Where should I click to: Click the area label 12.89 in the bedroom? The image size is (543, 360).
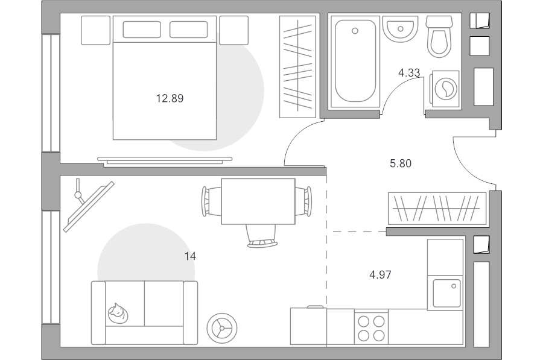170,99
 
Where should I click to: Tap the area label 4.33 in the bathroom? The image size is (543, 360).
409,73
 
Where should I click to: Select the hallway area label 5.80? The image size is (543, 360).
401,163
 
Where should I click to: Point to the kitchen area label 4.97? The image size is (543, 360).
380,275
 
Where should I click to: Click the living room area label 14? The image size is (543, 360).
190,256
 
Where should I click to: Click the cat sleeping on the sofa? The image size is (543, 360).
118,314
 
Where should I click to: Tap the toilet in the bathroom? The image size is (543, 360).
439,36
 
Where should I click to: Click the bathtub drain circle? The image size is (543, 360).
355,31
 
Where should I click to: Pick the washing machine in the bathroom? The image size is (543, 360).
445,89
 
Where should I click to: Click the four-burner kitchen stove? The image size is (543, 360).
371,327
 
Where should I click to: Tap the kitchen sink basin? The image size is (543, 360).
446,293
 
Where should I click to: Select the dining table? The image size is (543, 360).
258,201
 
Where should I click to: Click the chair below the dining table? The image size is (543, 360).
262,236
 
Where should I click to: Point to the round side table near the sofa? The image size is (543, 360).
222,328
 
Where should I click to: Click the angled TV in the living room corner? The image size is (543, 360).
89,206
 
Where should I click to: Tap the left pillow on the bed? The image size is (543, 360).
142,30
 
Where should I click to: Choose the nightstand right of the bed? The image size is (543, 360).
233,30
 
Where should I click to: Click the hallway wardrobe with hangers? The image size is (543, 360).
437,209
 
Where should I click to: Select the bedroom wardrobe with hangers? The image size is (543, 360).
298,66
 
